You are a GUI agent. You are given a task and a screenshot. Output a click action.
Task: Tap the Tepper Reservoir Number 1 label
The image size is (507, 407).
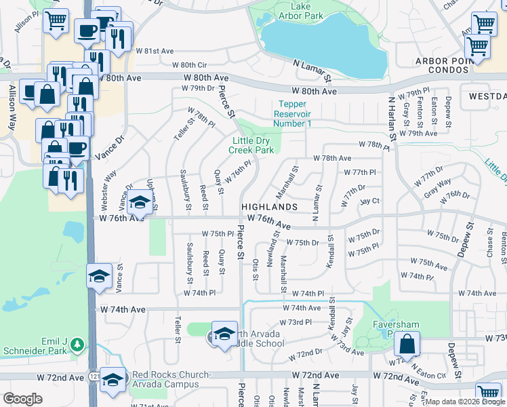click(293, 114)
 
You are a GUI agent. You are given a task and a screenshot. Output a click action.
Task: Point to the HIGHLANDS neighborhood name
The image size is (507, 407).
click(270, 206)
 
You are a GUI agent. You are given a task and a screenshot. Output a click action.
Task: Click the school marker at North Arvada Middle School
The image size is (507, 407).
click(225, 334)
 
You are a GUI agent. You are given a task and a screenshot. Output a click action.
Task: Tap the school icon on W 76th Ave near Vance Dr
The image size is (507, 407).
click(140, 202)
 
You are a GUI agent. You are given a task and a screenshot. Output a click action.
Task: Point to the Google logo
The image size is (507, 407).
click(23, 399)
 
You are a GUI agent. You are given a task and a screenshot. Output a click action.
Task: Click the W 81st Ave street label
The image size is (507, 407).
click(155, 51)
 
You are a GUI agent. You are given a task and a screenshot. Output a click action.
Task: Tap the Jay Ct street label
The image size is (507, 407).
click(369, 201)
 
